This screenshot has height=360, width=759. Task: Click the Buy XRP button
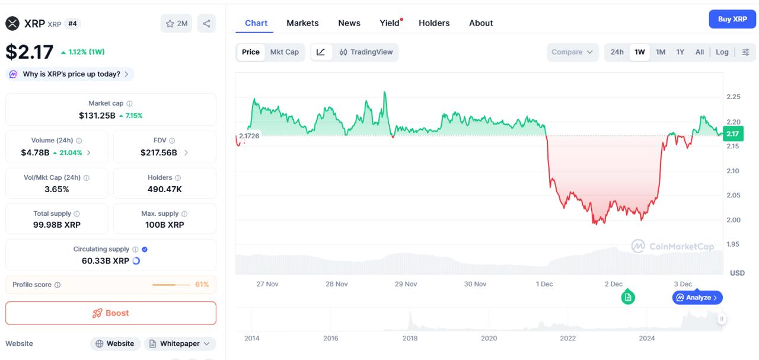point(732,19)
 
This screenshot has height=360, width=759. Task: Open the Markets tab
point(302,23)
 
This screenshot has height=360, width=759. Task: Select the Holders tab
point(434,23)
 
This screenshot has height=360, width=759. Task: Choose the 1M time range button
point(661,52)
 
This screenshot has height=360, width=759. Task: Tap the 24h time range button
point(617,52)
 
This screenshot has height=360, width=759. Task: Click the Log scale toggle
point(722,52)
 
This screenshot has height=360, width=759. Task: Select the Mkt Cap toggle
point(285,52)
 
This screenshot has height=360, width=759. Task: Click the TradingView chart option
point(366,52)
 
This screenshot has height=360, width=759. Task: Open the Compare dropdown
point(572,52)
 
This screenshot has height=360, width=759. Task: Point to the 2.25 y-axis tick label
point(733,97)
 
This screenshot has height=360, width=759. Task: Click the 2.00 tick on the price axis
point(733,220)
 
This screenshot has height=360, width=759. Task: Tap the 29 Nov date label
point(406,284)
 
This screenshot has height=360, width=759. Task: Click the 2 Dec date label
point(613,284)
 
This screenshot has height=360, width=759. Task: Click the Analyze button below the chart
point(697,298)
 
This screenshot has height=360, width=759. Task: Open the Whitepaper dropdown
point(180,344)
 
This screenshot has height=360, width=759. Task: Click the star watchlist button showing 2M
point(176,24)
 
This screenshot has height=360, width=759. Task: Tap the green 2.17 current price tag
point(733,134)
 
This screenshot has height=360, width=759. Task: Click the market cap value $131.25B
point(97,116)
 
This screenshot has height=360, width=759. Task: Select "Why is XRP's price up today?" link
point(71,74)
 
